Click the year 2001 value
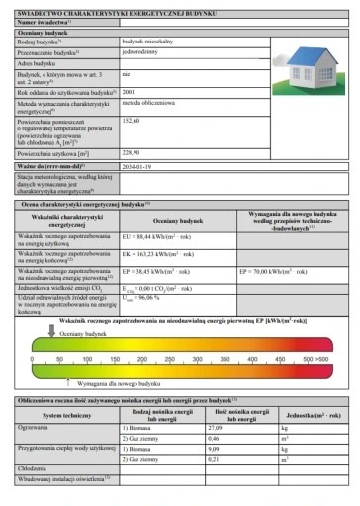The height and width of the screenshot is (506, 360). pyautogui.click(x=129, y=91)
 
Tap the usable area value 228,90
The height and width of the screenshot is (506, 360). pyautogui.click(x=132, y=153)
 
